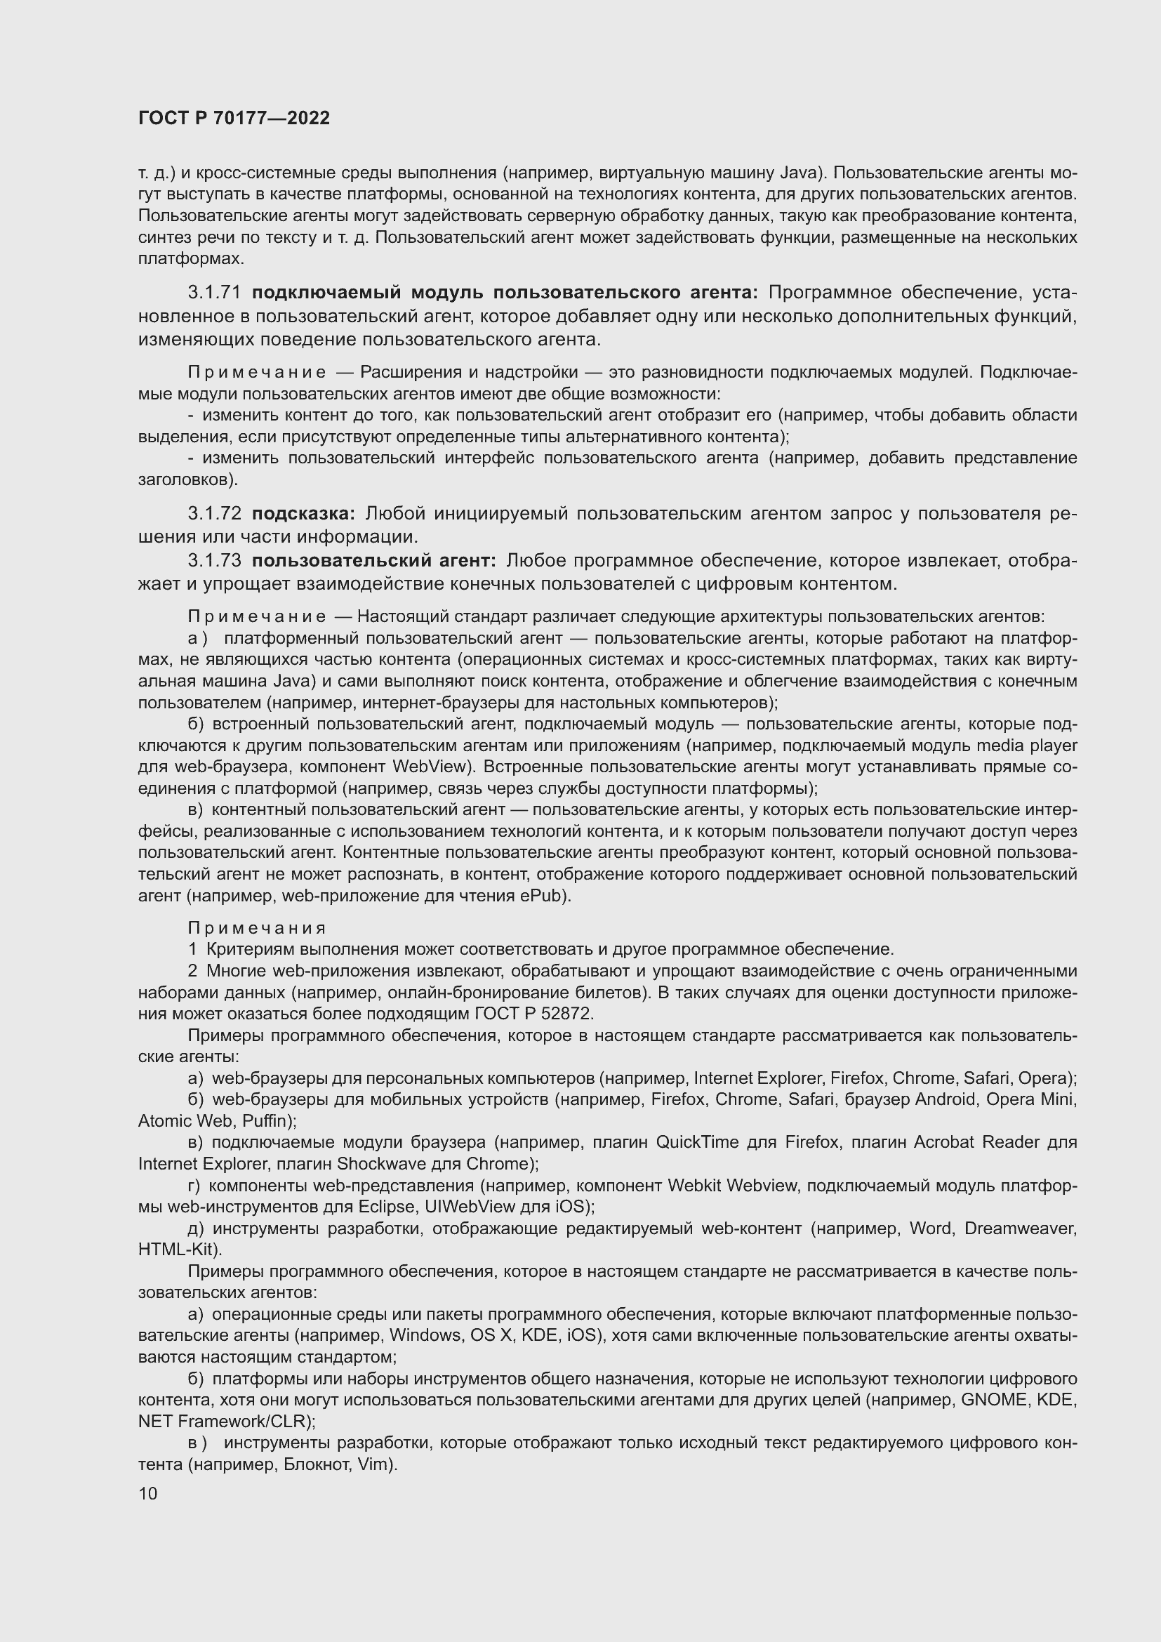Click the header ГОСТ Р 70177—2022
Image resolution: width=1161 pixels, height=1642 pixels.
(234, 119)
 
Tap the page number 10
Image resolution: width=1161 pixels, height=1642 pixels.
(148, 1494)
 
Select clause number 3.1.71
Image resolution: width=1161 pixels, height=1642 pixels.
(215, 293)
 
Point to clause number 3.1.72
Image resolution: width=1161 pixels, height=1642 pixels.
(215, 513)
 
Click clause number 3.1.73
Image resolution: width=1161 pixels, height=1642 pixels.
(215, 561)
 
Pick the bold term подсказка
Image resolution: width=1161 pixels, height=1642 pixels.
(303, 513)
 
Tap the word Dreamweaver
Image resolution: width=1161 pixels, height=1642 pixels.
(1019, 1229)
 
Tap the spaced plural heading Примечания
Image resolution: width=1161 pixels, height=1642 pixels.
(257, 928)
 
